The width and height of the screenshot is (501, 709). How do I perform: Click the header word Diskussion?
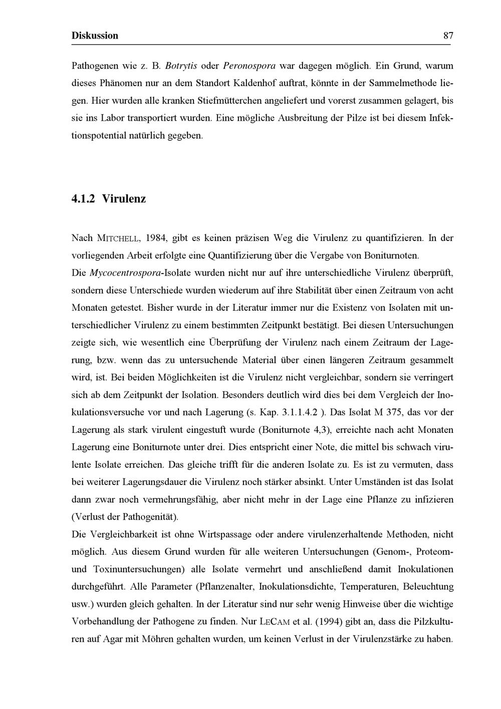coord(95,36)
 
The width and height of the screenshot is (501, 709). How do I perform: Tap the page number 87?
coord(448,36)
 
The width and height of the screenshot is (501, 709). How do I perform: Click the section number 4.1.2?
coord(84,199)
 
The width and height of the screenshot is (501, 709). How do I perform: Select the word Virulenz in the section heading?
coord(124,199)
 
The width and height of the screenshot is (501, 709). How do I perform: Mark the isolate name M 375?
coord(387,412)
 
